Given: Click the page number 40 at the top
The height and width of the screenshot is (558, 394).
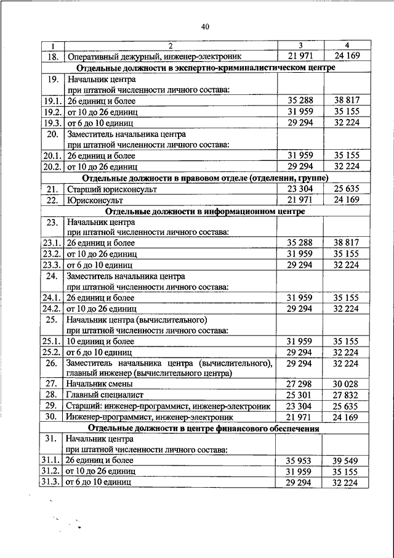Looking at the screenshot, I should (205, 27).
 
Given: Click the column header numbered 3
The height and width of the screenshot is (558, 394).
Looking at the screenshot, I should (300, 46).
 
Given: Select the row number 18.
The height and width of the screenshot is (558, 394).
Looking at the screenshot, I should (52, 56).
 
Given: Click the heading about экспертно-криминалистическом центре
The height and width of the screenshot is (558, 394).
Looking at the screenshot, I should (206, 68).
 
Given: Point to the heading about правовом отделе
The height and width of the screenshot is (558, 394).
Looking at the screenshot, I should (206, 179).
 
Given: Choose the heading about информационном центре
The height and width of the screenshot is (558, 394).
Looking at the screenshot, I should (206, 211).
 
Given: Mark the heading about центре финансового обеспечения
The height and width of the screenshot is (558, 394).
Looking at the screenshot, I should (206, 428).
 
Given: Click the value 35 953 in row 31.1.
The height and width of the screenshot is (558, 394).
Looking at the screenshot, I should (300, 461).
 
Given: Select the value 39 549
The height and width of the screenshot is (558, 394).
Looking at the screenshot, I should (347, 461).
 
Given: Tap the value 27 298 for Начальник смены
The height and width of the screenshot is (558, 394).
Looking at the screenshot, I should (300, 384).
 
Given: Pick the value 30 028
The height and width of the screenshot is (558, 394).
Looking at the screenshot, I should (347, 384).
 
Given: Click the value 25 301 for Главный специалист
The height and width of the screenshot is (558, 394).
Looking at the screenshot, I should (300, 395).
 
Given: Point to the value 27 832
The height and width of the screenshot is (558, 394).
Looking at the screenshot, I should (347, 395).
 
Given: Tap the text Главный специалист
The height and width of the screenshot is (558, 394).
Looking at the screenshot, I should (103, 395).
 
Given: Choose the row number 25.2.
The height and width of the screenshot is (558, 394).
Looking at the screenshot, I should (52, 351).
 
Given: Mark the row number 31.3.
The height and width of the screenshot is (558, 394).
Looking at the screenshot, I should (52, 482).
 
